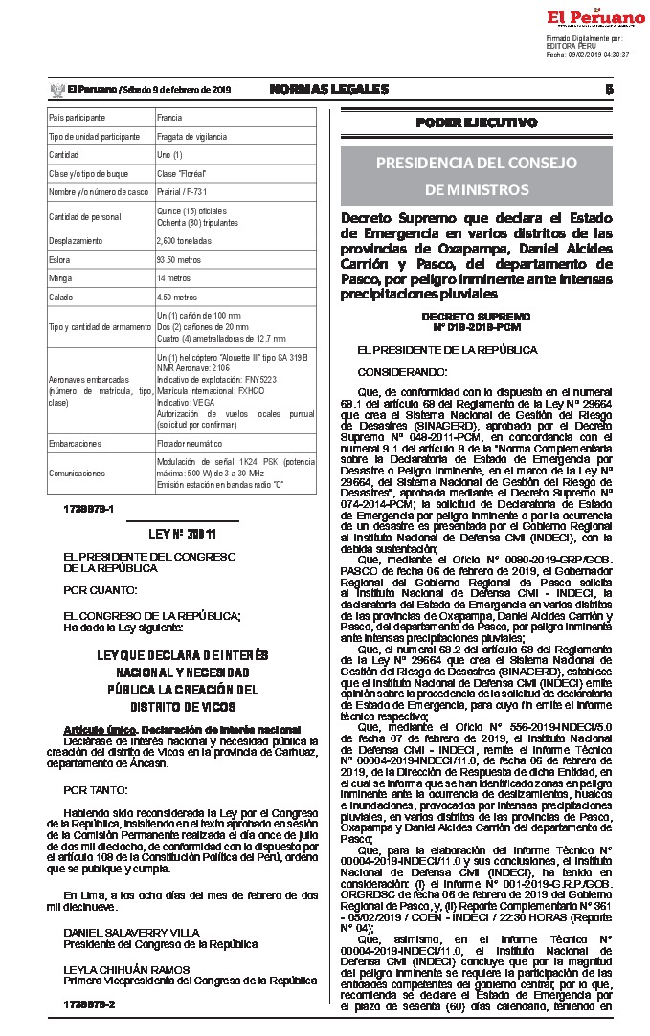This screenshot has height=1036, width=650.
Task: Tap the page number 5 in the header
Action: click(x=609, y=89)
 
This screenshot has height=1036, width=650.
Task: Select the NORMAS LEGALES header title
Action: click(x=329, y=89)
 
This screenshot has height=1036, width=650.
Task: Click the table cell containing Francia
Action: click(x=169, y=118)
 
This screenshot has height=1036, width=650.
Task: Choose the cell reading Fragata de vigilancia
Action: click(x=191, y=136)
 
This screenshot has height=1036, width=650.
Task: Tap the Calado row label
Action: click(x=61, y=297)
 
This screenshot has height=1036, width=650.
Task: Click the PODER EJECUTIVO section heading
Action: click(x=476, y=122)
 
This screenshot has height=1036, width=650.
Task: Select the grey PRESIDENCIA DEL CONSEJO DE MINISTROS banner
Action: click(x=476, y=174)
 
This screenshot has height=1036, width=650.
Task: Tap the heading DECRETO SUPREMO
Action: click(x=475, y=315)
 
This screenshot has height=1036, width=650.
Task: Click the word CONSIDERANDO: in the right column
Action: click(x=401, y=371)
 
